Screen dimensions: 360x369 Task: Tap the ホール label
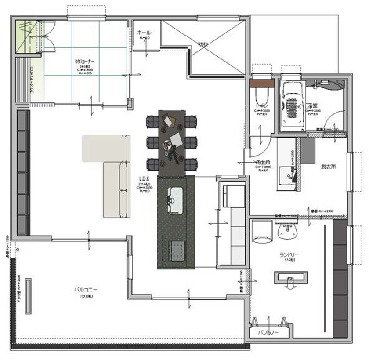pos(144,33)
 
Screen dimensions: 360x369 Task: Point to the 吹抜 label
pos(203,44)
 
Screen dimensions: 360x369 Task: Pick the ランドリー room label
pos(289,255)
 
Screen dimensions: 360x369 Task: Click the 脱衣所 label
pos(328,167)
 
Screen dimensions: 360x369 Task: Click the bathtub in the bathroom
pos(291,104)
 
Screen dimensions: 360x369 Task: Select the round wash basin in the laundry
pos(288,229)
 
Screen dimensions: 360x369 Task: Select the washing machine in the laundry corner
pos(262,232)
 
